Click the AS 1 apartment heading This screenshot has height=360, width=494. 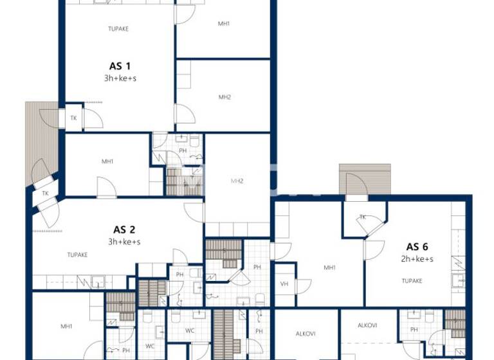point(120,66)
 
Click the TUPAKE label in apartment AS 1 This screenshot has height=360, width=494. point(118,29)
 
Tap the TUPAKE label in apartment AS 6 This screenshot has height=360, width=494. point(412,281)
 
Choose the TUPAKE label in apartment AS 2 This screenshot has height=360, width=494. point(77,255)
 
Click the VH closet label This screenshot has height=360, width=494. point(284,284)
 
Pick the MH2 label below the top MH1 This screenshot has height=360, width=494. point(224,97)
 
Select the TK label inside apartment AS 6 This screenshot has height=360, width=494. point(363,217)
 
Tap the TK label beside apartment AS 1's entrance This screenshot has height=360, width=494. point(73,118)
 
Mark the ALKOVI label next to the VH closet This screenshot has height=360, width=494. point(305,334)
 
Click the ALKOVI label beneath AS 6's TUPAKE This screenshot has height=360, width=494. point(367,325)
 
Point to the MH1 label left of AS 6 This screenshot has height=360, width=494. point(329,267)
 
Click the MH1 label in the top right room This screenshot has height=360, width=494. point(224,24)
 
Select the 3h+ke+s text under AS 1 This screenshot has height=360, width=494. point(120,78)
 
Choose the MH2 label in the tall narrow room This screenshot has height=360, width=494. point(237,182)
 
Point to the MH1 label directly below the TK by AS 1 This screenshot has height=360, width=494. point(107,161)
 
